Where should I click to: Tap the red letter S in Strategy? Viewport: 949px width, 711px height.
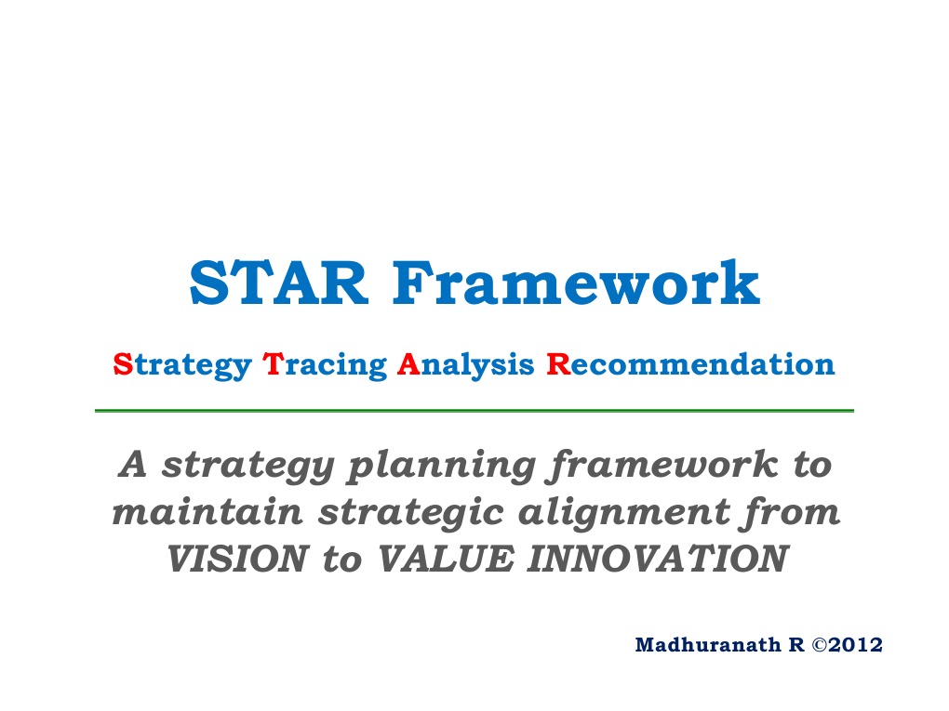tap(117, 364)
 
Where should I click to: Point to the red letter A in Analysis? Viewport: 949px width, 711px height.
tap(406, 364)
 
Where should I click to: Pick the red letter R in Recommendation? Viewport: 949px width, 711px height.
tap(557, 364)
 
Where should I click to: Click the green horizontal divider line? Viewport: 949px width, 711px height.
tap(474, 410)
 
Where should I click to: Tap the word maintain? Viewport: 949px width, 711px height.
tap(193, 512)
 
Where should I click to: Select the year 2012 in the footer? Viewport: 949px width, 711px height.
tap(854, 645)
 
